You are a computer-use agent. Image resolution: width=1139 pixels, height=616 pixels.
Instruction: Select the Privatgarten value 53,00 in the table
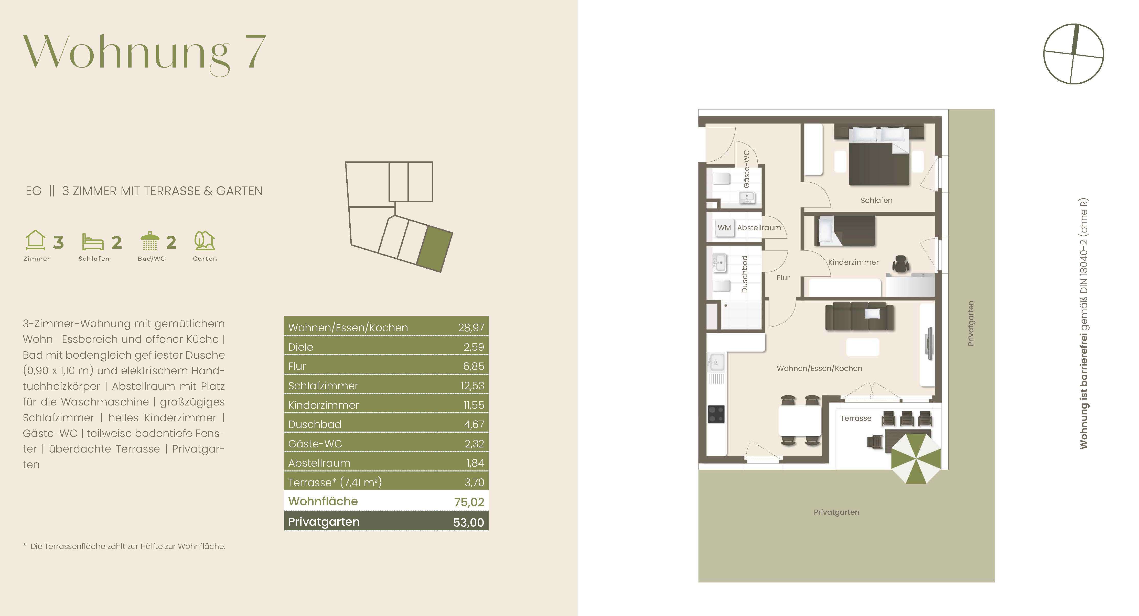[x=468, y=522]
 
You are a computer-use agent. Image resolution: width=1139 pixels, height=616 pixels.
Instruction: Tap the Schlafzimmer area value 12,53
[x=472, y=386]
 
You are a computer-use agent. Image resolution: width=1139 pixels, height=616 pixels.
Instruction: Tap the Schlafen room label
[x=876, y=200]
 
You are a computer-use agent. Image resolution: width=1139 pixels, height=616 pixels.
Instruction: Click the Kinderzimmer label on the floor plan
[x=853, y=262]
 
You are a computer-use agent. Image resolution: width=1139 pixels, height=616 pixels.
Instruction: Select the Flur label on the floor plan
[x=783, y=278]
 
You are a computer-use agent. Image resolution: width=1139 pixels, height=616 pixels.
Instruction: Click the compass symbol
[x=1073, y=54]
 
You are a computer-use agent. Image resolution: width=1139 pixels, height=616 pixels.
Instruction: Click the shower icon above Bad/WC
[x=149, y=241]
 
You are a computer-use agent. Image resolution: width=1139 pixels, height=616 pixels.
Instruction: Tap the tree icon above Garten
[x=204, y=240]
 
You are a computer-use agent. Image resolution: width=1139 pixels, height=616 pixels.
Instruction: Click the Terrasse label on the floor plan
[x=856, y=418]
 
